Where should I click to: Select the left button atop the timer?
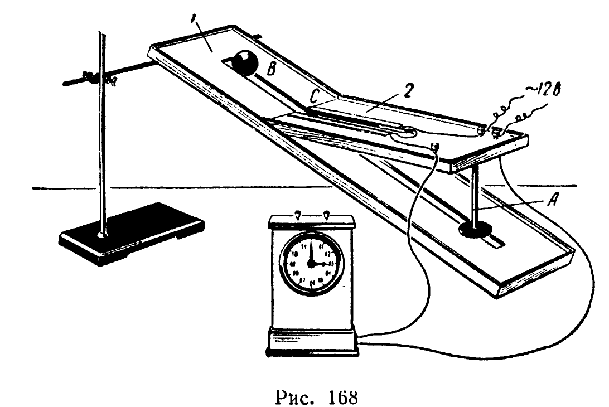pyautogui.click(x=297, y=214)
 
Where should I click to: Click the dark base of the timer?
pyautogui.click(x=311, y=345)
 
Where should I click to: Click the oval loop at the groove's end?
pyautogui.click(x=405, y=133)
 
